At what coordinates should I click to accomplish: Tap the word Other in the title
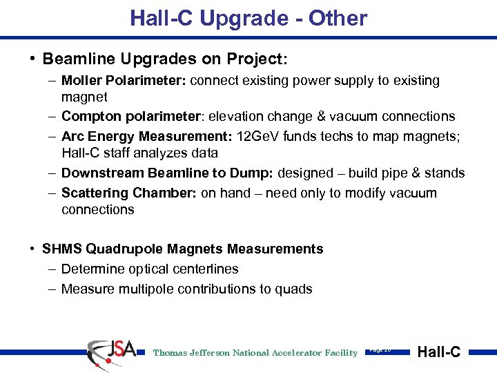click(x=338, y=19)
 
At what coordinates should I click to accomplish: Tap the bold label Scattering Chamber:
click(x=129, y=193)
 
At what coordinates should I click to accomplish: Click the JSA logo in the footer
click(x=112, y=352)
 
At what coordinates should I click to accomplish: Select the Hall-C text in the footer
click(x=439, y=352)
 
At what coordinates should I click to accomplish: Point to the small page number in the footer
click(x=380, y=350)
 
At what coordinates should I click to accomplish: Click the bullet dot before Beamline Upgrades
click(x=33, y=59)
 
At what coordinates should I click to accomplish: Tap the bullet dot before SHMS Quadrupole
click(x=33, y=249)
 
